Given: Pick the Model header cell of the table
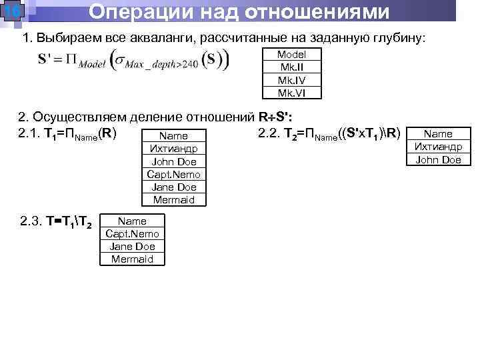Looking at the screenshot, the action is click(x=291, y=55).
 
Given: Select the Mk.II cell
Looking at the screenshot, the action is click(x=291, y=67).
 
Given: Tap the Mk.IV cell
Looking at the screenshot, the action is click(x=291, y=80).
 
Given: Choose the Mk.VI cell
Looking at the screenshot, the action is click(x=291, y=93).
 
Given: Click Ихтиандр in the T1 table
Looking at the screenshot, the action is click(x=174, y=149).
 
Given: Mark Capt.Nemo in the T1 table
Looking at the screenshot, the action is click(x=174, y=174).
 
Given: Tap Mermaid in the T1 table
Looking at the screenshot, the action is click(x=174, y=199).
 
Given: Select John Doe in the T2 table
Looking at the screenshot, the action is click(x=438, y=159).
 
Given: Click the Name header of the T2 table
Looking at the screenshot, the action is click(x=438, y=134).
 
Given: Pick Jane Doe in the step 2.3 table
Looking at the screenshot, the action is click(x=132, y=246).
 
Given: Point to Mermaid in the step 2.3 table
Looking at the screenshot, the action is click(x=132, y=259).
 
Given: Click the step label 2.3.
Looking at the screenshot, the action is click(x=30, y=221).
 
